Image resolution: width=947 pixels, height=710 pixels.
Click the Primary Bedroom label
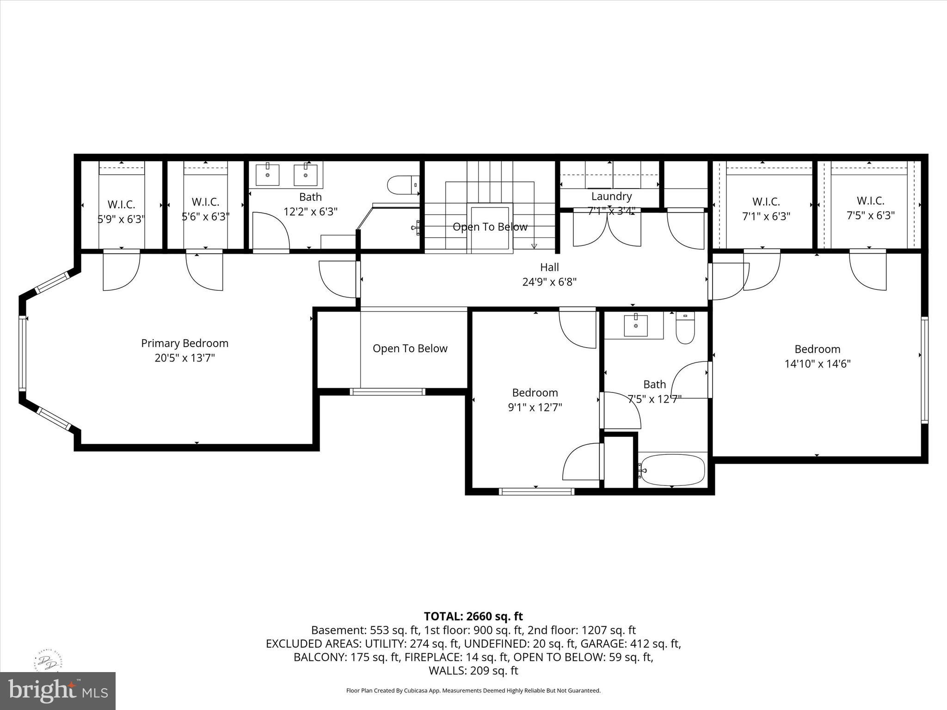click(x=184, y=343)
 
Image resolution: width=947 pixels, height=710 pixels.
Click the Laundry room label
click(x=611, y=196)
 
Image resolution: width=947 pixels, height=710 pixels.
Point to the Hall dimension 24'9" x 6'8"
click(x=549, y=282)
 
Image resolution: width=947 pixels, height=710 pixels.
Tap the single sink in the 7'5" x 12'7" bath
click(x=636, y=325)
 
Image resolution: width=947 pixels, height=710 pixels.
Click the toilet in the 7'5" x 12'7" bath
click(x=685, y=329)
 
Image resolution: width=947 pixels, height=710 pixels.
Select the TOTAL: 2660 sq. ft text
click(x=473, y=616)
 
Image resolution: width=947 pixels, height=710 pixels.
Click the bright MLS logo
click(x=58, y=691)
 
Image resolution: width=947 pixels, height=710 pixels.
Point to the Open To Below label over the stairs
click(x=490, y=227)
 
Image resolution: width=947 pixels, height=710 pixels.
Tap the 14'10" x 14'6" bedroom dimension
click(x=817, y=364)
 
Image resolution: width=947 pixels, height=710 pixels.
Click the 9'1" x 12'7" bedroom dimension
click(x=535, y=407)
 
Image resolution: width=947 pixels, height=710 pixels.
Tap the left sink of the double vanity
click(x=268, y=175)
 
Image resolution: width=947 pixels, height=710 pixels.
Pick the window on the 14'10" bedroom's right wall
click(x=924, y=370)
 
